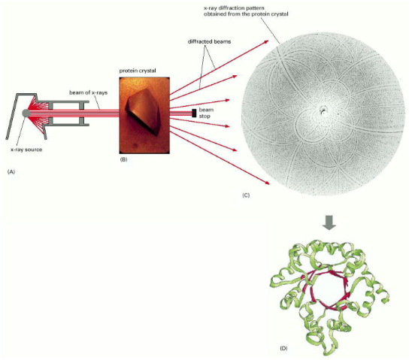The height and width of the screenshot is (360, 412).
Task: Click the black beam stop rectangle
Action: pos(194,113)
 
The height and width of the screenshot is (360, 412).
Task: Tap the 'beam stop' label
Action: pos(206,113)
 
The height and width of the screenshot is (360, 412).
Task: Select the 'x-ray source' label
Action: pos(26,150)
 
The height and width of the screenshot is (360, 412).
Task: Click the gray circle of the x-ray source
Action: pos(26,113)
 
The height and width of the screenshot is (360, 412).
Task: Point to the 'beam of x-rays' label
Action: pos(88,92)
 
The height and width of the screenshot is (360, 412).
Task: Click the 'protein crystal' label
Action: pos(138,71)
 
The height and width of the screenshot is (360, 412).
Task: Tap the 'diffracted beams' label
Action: pos(209,41)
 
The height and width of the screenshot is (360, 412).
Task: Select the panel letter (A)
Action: pos(11,171)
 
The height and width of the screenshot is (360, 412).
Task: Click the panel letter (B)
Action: pos(123,159)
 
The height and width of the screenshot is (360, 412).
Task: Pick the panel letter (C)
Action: pos(246,195)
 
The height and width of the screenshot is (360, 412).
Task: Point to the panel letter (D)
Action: pos(283,349)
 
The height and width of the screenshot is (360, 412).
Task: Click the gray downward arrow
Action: pos(329,223)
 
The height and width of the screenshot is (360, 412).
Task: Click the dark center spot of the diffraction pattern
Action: pos(323,110)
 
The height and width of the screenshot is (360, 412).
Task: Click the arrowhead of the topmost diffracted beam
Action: pos(266,41)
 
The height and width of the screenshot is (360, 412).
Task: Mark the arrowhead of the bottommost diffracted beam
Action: pos(267,183)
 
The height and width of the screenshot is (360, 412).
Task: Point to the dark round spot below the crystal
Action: pos(136,144)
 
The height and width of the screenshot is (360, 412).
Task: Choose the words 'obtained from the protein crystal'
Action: pos(246,14)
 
